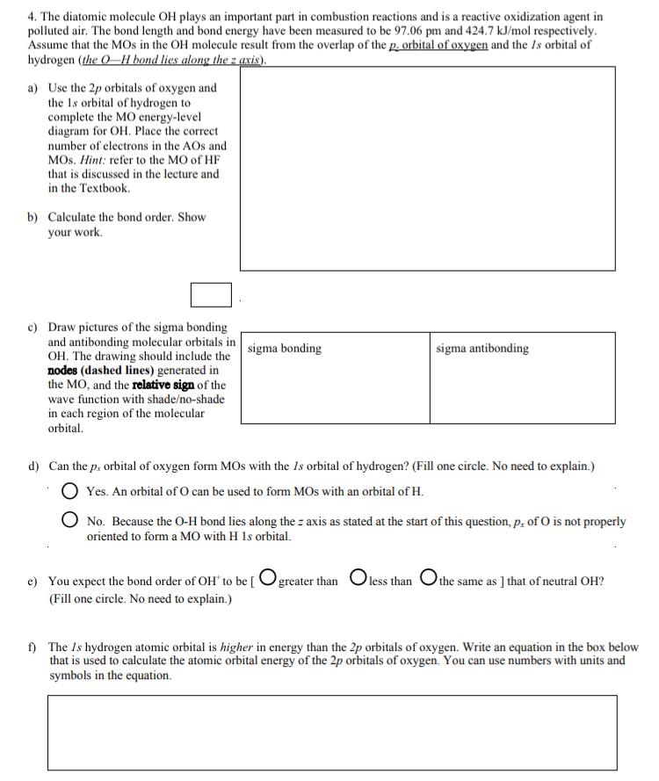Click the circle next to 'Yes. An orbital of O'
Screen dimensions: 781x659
pyautogui.click(x=70, y=490)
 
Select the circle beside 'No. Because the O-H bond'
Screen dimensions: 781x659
pyautogui.click(x=70, y=521)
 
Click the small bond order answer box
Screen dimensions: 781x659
pyautogui.click(x=211, y=294)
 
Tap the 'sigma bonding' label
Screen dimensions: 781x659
pyautogui.click(x=285, y=349)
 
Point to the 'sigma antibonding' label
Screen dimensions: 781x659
pyautogui.click(x=482, y=349)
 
